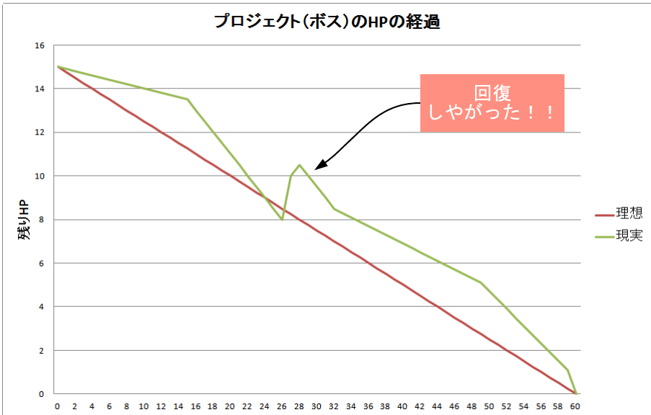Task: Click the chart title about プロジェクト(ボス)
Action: (x=327, y=22)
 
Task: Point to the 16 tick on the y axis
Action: (x=39, y=45)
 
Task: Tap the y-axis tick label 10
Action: (x=39, y=177)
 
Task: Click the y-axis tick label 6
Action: (x=40, y=264)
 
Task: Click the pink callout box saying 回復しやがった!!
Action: (x=492, y=103)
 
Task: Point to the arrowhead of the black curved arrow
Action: (x=317, y=168)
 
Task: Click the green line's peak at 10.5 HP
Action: (x=299, y=165)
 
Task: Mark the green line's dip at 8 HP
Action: (x=282, y=220)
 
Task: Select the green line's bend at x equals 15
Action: (x=187, y=99)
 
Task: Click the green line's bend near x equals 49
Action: (x=481, y=282)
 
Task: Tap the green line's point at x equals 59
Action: (x=567, y=370)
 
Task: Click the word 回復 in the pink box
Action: (x=492, y=93)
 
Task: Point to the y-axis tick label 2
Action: (x=40, y=351)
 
